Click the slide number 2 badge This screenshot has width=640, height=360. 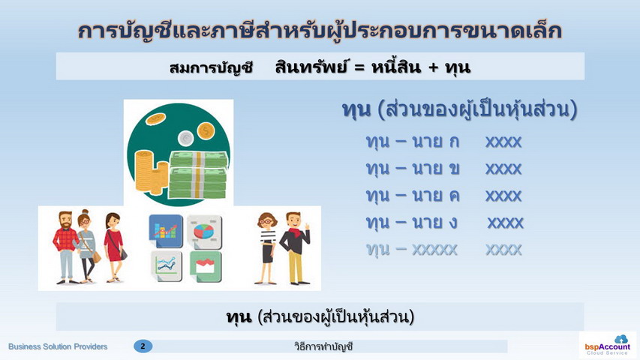point(143,346)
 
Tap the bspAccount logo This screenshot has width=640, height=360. point(607,345)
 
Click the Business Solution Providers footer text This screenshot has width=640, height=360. point(58,346)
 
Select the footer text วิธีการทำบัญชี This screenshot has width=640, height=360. point(323,346)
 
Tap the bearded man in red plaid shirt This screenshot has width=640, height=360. point(65,247)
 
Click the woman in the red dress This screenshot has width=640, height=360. point(114,247)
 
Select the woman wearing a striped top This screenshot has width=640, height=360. point(266,248)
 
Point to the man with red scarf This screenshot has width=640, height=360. point(295,248)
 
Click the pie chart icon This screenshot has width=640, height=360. point(205,232)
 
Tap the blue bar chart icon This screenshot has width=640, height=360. point(166,231)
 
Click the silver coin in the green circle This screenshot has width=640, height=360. point(186,138)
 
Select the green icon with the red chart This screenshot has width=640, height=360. point(206,266)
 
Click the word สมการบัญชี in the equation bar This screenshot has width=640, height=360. point(212,67)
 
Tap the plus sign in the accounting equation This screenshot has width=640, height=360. point(434,67)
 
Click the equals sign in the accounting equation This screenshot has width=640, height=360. point(359,67)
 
